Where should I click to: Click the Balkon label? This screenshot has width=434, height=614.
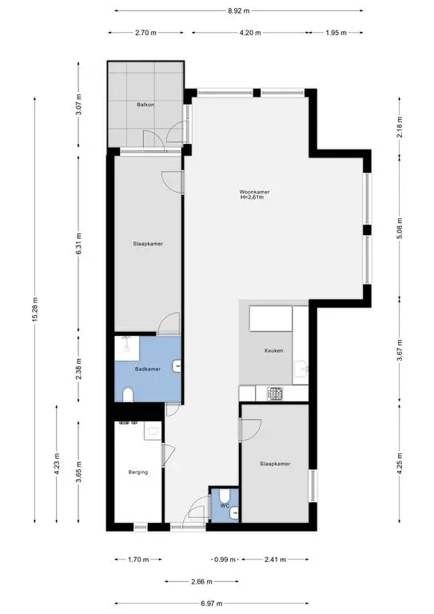(x=145, y=105)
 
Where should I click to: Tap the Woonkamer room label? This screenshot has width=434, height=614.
(x=254, y=192)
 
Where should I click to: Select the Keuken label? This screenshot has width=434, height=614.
(x=273, y=350)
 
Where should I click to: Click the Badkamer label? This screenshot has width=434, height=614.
(x=148, y=369)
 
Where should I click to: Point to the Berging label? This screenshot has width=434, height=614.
(x=138, y=472)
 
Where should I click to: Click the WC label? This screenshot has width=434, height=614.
(x=225, y=505)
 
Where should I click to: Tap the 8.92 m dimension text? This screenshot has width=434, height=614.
(x=239, y=11)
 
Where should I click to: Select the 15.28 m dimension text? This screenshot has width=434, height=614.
(x=35, y=309)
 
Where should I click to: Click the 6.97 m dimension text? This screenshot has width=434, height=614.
(x=212, y=604)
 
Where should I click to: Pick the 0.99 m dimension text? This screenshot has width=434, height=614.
(x=225, y=560)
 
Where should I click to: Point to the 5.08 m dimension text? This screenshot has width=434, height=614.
(x=400, y=229)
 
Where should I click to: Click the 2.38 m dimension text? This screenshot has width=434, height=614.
(x=78, y=369)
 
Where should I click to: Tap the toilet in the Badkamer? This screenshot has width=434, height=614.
(x=128, y=395)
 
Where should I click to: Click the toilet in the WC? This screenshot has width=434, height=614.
(x=225, y=496)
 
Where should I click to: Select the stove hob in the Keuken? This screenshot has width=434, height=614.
(x=275, y=393)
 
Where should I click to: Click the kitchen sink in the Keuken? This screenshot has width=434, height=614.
(x=301, y=369)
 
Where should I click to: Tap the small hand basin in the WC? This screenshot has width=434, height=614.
(x=234, y=512)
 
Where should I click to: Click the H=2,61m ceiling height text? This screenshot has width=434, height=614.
(x=252, y=197)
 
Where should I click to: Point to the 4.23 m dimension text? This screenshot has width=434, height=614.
(x=57, y=464)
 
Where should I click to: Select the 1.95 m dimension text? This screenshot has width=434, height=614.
(x=336, y=33)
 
